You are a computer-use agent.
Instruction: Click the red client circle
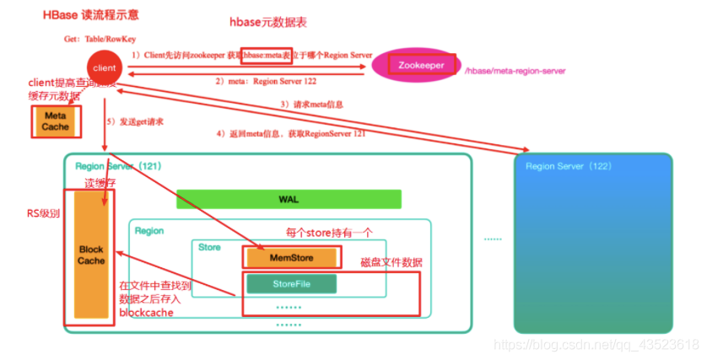pyautogui.click(x=105, y=66)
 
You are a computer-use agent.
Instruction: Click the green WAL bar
pyautogui.click(x=289, y=200)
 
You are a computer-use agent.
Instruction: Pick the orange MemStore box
pyautogui.click(x=291, y=257)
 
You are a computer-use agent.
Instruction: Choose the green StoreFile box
pyautogui.click(x=291, y=284)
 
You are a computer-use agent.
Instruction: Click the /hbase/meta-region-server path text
pyautogui.click(x=515, y=72)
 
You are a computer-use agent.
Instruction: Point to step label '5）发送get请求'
pyautogui.click(x=134, y=121)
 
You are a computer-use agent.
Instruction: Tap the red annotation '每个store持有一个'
pyautogui.click(x=329, y=231)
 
